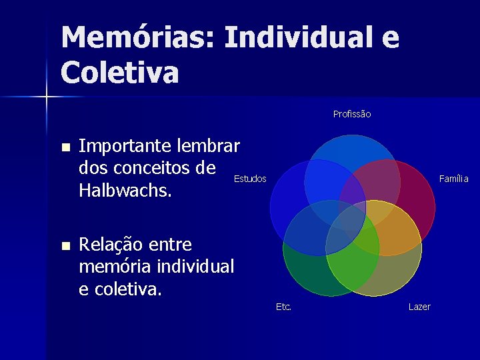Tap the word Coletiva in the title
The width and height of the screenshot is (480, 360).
120,72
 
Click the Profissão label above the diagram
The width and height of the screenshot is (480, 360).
352,114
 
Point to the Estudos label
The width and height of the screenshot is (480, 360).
250,179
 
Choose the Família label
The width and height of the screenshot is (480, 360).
453,179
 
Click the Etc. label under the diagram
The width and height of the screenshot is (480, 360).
283,307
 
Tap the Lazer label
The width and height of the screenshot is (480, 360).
419,307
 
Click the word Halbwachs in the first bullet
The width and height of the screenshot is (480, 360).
125,191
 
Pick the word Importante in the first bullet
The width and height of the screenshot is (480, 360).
125,146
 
